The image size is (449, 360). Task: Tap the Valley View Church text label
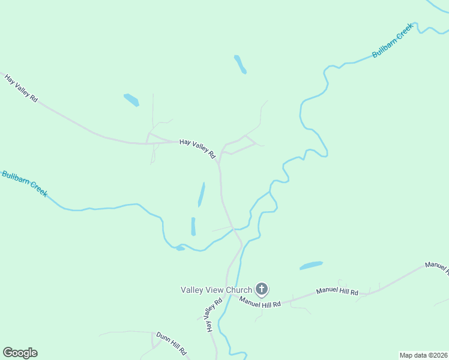click(216, 290)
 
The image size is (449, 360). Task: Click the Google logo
click(20, 353)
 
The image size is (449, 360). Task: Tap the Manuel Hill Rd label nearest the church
click(260, 302)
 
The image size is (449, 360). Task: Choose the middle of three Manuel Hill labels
click(337, 292)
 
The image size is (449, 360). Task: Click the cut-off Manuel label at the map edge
click(436, 267)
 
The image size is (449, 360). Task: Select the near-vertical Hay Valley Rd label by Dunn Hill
click(208, 318)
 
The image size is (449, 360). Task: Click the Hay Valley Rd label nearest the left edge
click(22, 88)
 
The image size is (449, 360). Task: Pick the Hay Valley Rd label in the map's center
click(198, 148)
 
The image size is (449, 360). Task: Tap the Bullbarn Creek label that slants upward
click(393, 41)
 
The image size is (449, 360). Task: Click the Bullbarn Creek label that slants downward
click(25, 183)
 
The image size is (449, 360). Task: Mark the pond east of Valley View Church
click(311, 265)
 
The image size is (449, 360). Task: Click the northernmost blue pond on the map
click(240, 64)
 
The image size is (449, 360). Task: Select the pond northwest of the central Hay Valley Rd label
click(131, 100)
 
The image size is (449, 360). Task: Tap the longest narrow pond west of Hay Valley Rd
click(201, 194)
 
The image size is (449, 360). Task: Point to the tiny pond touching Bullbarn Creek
click(179, 248)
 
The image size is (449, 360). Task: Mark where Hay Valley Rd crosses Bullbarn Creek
click(232, 229)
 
